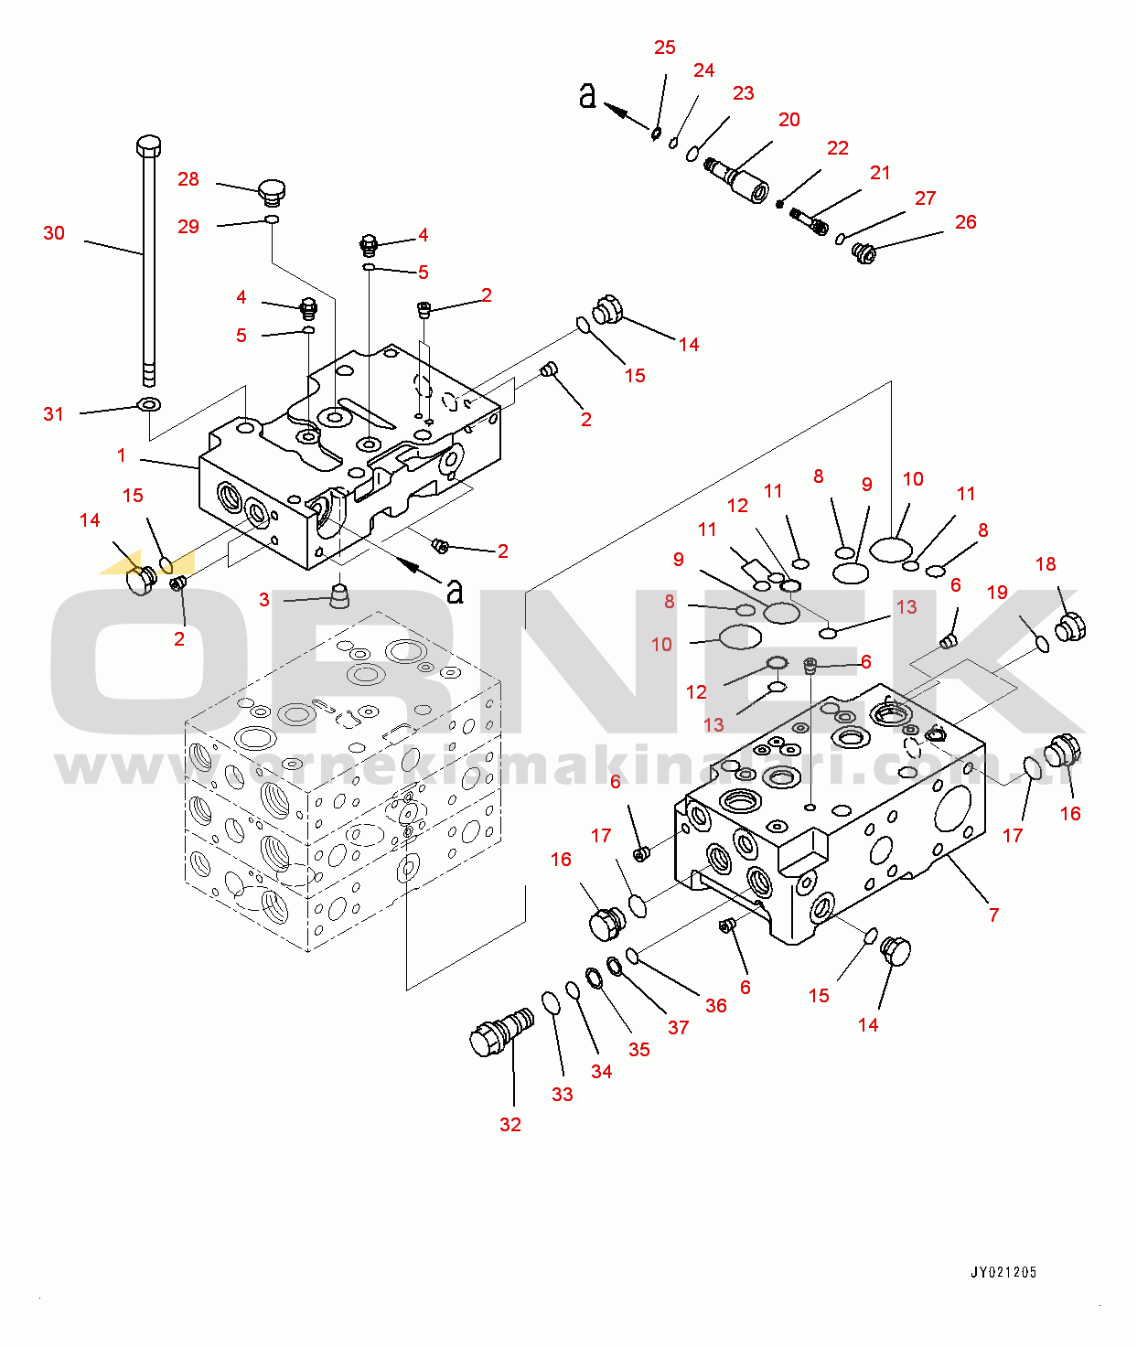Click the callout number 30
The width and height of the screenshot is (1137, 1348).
[54, 233]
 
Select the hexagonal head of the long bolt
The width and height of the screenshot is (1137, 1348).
[149, 145]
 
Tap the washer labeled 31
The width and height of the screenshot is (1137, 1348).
[147, 404]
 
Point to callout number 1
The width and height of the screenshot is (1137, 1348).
[122, 455]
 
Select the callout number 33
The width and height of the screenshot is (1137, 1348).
[562, 1095]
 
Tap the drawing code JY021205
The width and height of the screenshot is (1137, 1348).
[1003, 1272]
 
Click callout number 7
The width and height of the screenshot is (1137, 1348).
[993, 915]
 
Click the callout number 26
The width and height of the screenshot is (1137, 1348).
[965, 222]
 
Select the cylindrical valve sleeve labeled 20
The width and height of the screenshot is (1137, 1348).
[741, 180]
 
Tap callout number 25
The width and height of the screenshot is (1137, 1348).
[665, 48]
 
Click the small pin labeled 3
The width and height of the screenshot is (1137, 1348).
[339, 595]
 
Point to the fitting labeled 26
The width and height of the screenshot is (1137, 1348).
[863, 252]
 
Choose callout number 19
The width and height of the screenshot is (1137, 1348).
[997, 593]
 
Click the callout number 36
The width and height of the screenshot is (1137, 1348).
[715, 1006]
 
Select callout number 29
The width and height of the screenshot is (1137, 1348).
[188, 227]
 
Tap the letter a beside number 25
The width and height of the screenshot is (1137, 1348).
[588, 94]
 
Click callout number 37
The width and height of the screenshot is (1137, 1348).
[678, 1028]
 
